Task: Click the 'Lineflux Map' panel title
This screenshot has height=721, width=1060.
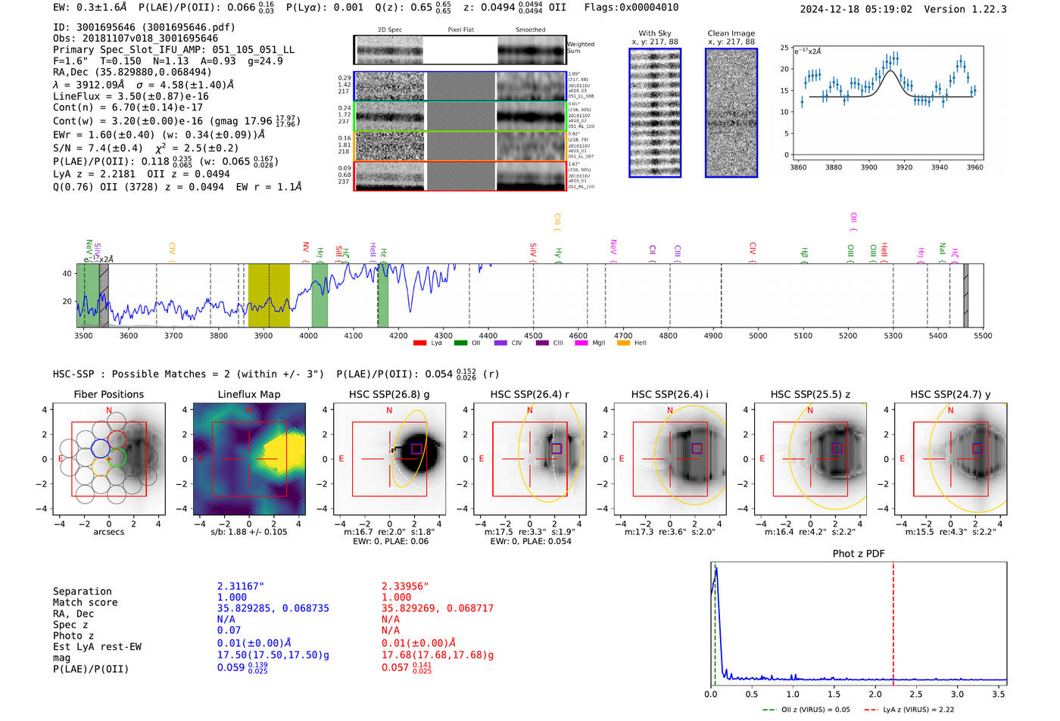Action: (248, 394)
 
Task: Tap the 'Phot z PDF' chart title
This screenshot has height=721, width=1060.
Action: (859, 553)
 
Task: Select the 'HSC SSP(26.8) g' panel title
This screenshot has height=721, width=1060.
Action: (389, 394)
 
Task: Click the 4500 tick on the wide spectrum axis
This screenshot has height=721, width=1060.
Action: (533, 335)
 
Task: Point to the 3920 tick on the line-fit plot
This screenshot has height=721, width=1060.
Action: (904, 167)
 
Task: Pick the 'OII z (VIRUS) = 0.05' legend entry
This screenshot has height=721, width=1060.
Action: (807, 710)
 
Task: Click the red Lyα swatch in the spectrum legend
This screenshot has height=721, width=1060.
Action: (419, 343)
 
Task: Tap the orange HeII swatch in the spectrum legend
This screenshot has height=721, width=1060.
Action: (623, 343)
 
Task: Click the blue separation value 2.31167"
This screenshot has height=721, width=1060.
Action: (240, 586)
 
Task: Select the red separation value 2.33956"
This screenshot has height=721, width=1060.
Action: (404, 586)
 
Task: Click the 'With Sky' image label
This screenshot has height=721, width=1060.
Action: (654, 33)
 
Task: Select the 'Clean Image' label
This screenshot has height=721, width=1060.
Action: (731, 33)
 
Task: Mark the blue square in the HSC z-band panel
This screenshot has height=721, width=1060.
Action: (837, 449)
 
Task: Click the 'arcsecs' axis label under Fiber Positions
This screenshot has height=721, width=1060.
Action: (108, 532)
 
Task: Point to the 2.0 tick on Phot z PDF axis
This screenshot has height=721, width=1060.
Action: (874, 694)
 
